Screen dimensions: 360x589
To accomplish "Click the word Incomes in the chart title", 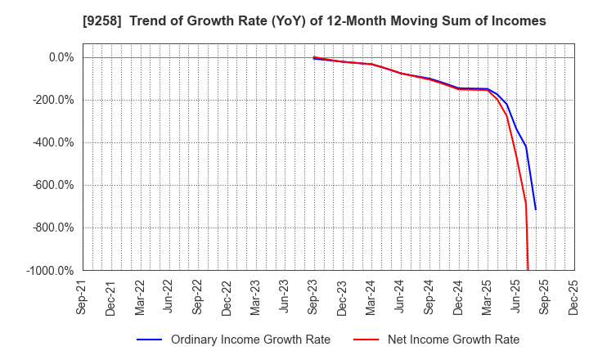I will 517,20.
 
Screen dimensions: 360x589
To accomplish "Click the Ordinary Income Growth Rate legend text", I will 250,340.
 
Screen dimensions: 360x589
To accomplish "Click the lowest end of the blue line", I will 536,209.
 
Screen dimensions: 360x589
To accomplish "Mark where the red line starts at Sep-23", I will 313,57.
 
